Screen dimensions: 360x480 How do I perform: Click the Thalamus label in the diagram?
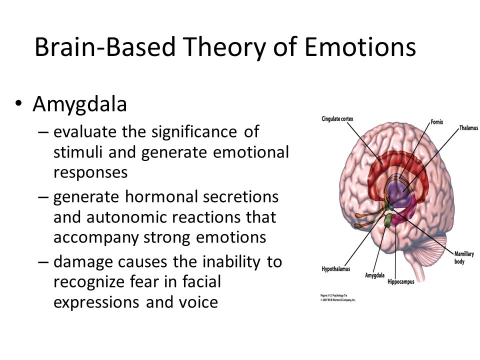[x=468, y=128]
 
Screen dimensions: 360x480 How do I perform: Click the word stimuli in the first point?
[x=72, y=152]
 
